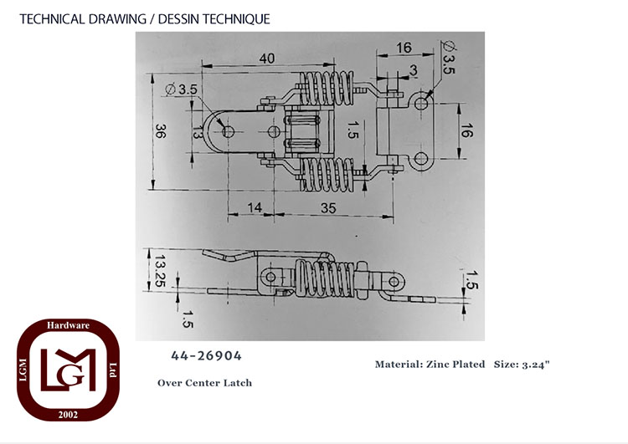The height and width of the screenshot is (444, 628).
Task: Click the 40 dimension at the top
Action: click(267, 59)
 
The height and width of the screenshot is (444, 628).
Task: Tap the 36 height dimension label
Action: click(160, 131)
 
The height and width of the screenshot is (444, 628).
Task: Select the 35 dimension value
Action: click(328, 208)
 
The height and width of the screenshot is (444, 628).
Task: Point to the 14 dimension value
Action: click(255, 207)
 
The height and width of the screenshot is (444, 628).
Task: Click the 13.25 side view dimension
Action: click(160, 271)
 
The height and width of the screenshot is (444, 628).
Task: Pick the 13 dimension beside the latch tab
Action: click(197, 131)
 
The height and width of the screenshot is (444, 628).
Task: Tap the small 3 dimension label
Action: click(413, 70)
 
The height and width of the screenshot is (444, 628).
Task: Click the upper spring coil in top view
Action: click(327, 89)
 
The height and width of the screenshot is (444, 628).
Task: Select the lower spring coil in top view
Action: click(327, 175)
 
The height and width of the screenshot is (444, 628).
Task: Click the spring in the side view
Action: click(324, 278)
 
